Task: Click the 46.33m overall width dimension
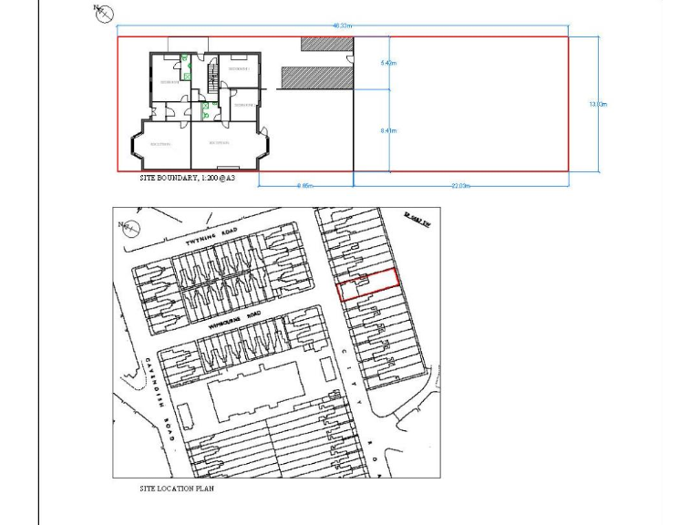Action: point(343,26)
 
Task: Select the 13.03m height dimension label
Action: point(598,105)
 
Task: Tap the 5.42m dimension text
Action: point(388,64)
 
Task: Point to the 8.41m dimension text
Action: point(388,131)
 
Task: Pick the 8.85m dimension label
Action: point(305,185)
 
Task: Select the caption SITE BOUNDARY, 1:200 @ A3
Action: point(187,179)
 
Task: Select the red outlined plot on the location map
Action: point(368,284)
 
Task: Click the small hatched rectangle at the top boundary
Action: point(326,43)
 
